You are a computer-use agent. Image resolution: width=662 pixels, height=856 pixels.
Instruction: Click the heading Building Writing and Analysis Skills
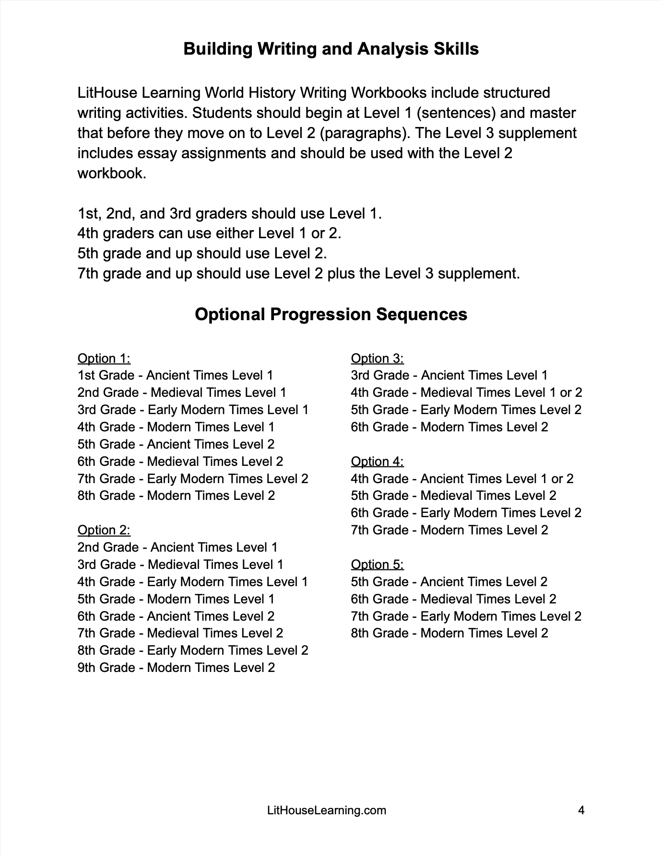click(331, 49)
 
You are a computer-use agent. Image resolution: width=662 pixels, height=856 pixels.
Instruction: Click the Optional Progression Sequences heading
click(331, 314)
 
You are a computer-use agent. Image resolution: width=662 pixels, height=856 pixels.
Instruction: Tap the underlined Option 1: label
click(104, 359)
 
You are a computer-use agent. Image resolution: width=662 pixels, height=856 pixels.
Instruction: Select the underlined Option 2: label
click(104, 530)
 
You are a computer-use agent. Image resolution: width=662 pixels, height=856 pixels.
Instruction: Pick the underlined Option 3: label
click(377, 359)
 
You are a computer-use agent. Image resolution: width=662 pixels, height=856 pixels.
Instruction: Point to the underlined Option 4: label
click(377, 462)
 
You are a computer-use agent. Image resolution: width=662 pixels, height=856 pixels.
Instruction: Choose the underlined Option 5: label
click(377, 565)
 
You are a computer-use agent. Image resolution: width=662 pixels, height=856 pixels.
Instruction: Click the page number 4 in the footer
click(581, 810)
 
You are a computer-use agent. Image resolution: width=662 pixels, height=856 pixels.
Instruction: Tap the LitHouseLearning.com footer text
click(326, 810)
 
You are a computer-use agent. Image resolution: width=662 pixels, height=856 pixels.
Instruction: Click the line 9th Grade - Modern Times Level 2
click(176, 668)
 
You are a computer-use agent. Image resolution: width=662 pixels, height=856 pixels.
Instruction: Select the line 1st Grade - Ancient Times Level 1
click(175, 375)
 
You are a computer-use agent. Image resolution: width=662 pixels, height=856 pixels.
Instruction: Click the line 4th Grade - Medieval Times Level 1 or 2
click(466, 393)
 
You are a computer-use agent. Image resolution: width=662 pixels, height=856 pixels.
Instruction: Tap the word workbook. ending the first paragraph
click(111, 173)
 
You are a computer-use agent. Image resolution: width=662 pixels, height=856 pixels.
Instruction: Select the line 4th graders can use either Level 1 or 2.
click(209, 233)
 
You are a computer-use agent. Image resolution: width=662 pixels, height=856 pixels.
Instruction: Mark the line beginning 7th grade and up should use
click(298, 274)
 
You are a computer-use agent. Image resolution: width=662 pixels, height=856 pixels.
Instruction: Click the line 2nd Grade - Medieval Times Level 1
click(182, 393)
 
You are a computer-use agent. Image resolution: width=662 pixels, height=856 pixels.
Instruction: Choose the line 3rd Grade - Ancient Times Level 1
click(449, 375)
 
